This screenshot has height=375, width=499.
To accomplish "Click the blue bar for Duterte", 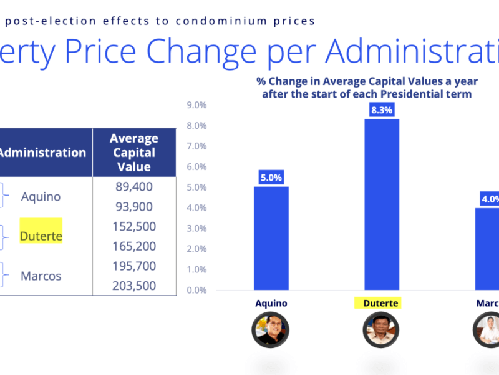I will [381, 204].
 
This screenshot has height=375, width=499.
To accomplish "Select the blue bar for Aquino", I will [271, 238].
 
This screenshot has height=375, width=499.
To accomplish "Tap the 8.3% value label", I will [381, 110].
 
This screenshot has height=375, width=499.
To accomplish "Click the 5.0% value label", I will [271, 178].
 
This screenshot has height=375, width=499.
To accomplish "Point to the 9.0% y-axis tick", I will [196, 105].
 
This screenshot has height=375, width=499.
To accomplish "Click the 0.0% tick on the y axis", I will [196, 290].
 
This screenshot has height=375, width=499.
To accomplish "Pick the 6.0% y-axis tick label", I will [196, 167].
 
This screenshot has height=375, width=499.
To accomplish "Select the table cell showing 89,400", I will [134, 187].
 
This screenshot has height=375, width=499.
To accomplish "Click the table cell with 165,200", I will [134, 246].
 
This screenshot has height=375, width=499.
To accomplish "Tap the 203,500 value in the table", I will [134, 286].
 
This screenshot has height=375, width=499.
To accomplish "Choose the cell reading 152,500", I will [134, 226].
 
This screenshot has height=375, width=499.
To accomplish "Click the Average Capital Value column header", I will [134, 152].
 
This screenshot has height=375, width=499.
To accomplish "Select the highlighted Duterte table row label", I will [41, 236].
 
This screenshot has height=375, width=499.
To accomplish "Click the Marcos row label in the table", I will [41, 276].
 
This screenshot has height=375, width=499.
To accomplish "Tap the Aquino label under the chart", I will [271, 304].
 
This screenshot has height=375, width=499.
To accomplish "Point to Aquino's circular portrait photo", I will [271, 329].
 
